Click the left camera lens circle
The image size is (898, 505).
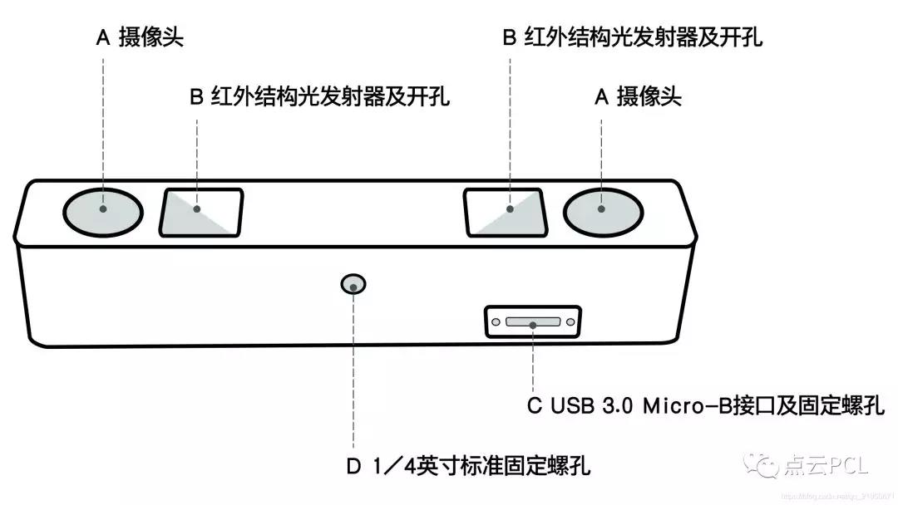pos(102,208)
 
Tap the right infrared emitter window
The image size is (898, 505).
pos(504,213)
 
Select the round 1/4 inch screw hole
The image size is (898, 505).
pos(354,285)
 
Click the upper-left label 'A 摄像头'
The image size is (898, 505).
pos(140,39)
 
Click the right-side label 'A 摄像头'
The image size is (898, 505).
pos(638,97)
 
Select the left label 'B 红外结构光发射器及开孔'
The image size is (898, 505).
pos(319,97)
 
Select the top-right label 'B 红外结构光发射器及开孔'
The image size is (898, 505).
pos(633,37)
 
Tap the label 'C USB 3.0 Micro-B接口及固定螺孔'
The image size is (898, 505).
pos(706,406)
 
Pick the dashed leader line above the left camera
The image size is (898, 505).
pos(102,125)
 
